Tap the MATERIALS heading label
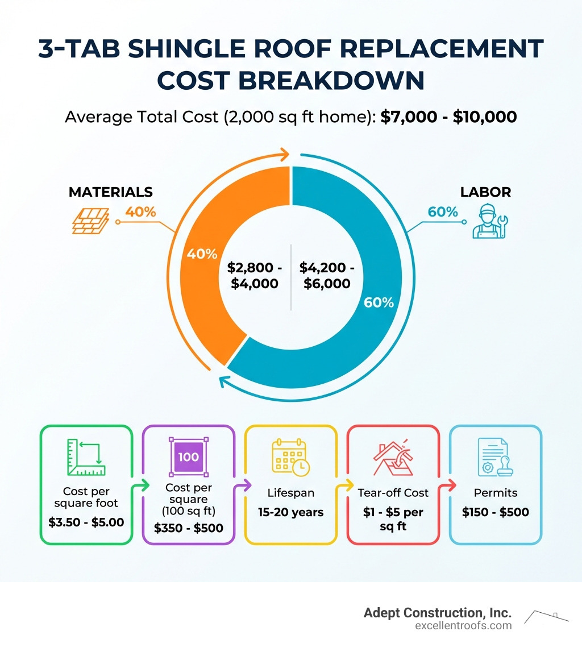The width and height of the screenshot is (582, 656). click(111, 192)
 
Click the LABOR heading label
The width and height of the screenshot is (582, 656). click(485, 192)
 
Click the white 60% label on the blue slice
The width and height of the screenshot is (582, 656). click(379, 302)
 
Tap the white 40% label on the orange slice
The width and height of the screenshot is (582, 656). click(202, 254)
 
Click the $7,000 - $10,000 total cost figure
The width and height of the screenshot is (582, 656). click(449, 117)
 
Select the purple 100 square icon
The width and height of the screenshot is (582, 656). click(188, 456)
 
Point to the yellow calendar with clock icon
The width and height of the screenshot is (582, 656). click(291, 456)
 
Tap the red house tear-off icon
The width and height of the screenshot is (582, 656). click(394, 456)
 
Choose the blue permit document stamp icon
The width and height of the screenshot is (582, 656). click(495, 456)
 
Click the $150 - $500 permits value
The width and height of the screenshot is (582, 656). click(495, 512)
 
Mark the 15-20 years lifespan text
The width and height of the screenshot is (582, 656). click(291, 512)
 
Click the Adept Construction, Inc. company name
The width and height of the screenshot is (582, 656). click(438, 613)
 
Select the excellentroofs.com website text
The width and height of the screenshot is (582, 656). click(464, 626)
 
